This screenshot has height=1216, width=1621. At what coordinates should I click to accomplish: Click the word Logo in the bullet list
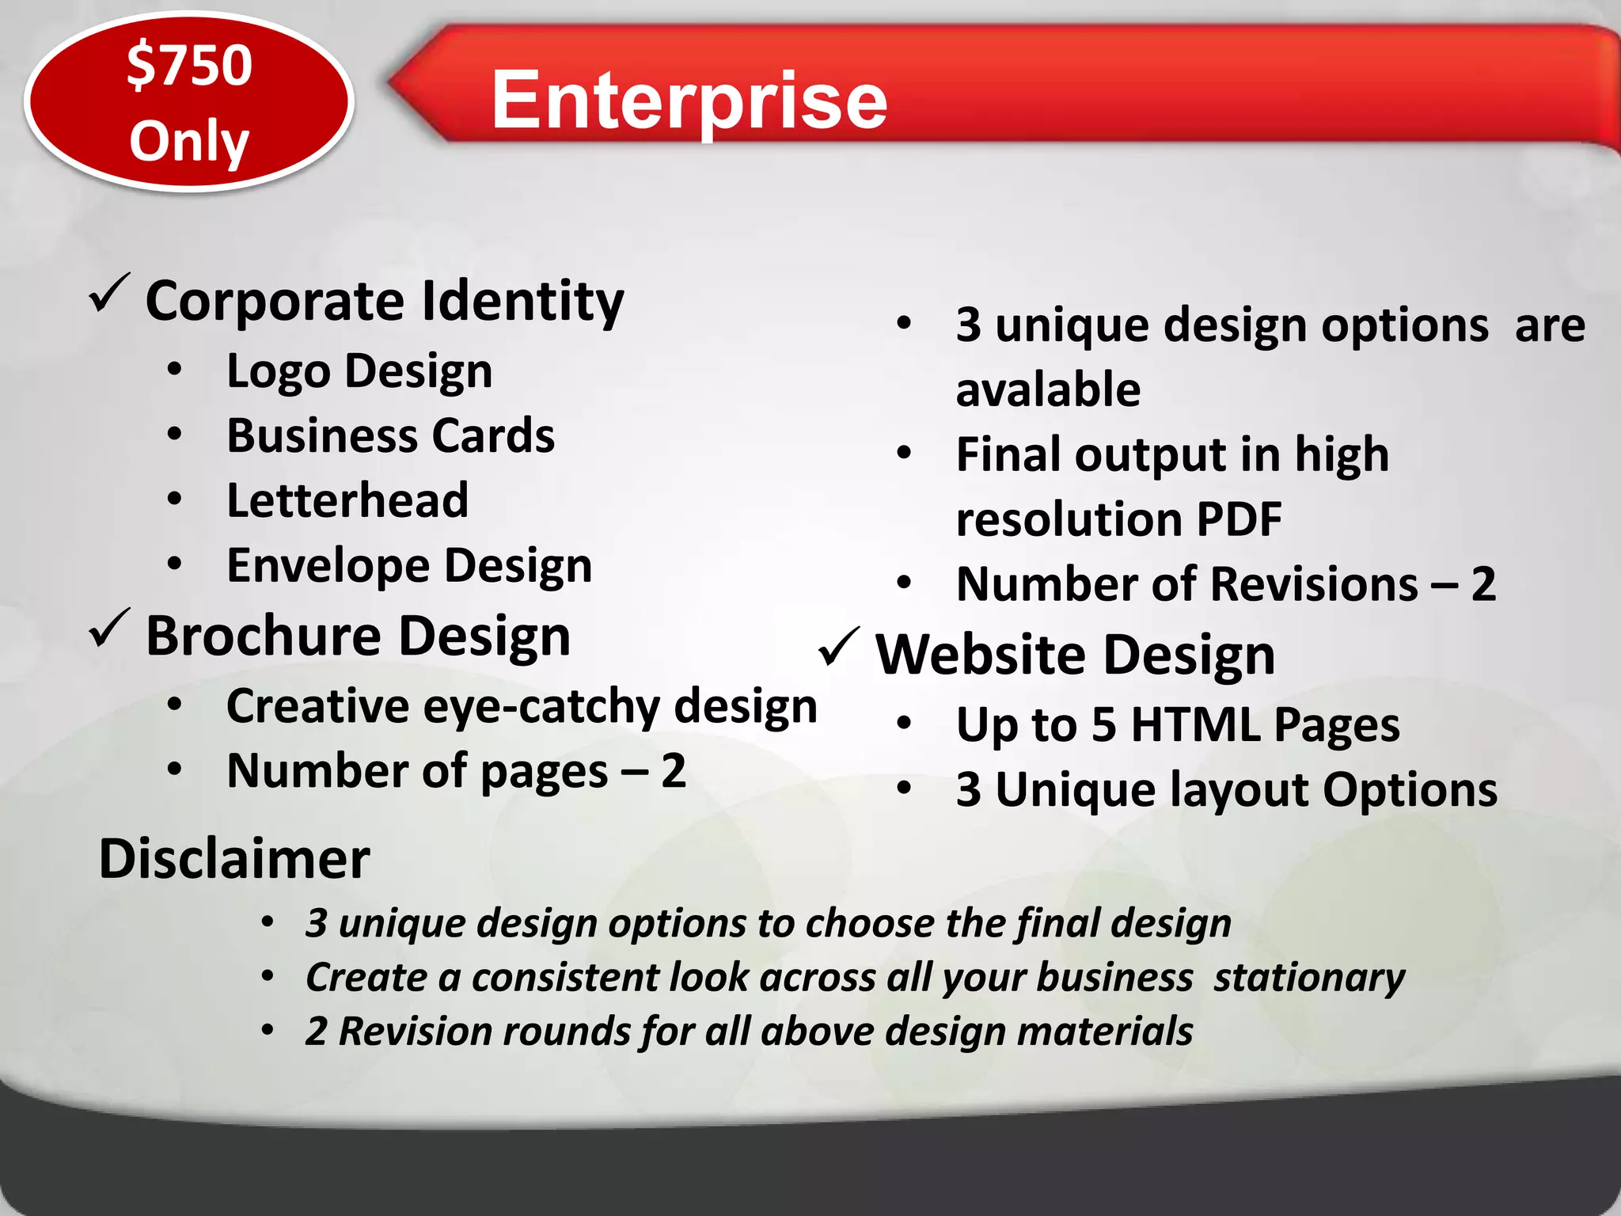click(278, 372)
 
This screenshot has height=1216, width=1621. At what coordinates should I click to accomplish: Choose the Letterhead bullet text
click(347, 500)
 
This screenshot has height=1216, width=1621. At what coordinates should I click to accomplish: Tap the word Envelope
click(328, 566)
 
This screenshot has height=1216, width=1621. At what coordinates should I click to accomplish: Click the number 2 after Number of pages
click(673, 770)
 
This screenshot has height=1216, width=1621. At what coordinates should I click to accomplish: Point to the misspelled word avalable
click(1048, 389)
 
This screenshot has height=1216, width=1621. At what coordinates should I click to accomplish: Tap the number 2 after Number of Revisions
click(1482, 584)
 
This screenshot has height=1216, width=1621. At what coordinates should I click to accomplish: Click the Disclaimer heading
click(234, 859)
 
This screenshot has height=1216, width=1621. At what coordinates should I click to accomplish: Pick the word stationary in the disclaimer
click(1309, 978)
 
